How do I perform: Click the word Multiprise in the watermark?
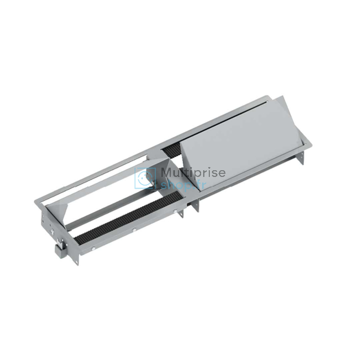point(193,173)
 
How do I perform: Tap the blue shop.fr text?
point(183,185)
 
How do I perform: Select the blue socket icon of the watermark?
point(145,178)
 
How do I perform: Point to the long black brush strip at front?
point(129,217)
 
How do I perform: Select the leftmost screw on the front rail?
point(93,248)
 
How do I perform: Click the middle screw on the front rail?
point(134,229)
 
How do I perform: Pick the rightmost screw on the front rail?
point(175,211)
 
